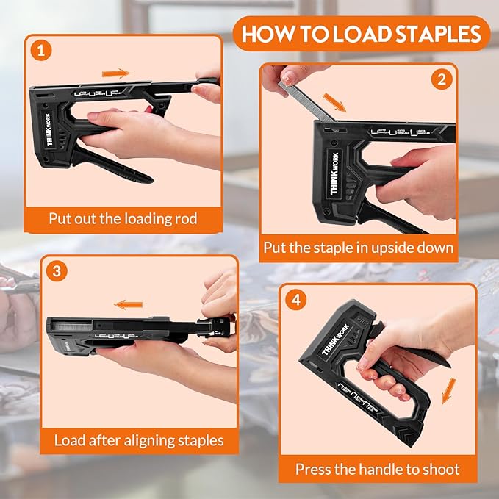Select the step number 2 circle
[x=441, y=79]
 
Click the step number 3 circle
[x=56, y=270]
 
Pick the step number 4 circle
[x=295, y=300]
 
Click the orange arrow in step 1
[x=115, y=73]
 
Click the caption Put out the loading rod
[x=123, y=218]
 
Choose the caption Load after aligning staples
[x=138, y=440]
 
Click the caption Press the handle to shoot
[x=377, y=468]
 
